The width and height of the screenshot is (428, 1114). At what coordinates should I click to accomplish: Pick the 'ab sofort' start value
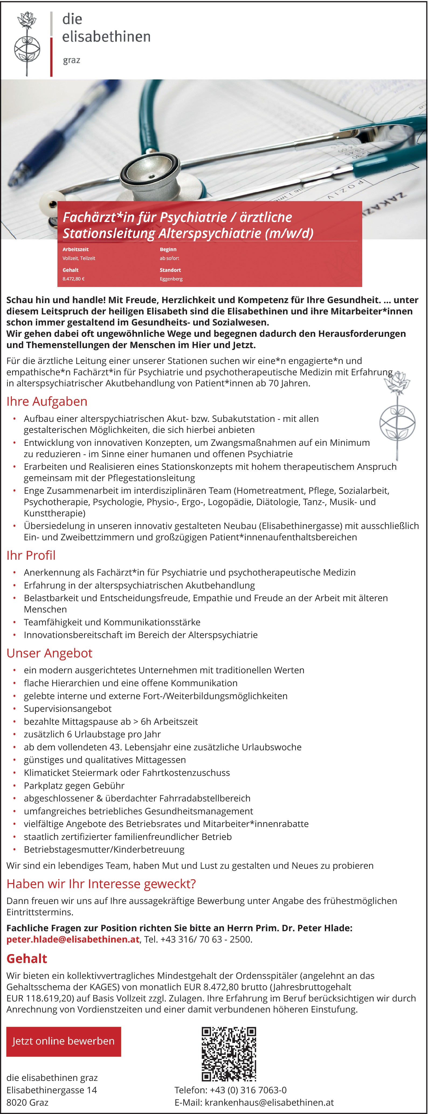[169, 258]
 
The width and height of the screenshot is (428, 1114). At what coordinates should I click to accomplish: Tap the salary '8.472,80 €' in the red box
[74, 279]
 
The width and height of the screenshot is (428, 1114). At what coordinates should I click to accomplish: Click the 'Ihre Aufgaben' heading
[47, 401]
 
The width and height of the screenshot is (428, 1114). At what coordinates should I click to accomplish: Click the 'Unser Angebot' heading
[49, 653]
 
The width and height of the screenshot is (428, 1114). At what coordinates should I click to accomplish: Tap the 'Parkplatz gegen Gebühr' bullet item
[74, 785]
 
